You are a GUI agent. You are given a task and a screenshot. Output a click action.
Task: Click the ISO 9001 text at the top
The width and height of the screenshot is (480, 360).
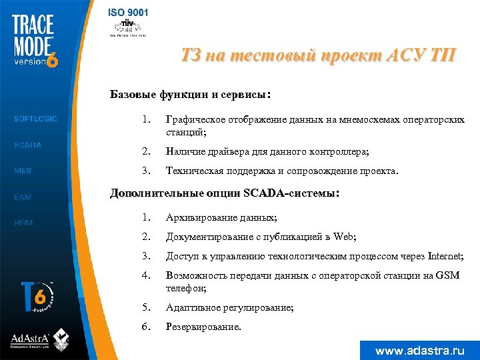pos(128,12)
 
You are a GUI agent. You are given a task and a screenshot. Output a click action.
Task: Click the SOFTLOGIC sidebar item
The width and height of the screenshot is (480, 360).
pos(35,119)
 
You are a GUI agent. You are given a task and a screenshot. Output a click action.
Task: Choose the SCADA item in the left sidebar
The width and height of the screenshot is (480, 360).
pos(27,145)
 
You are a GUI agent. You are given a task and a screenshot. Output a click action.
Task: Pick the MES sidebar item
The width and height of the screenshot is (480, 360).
pos(23,171)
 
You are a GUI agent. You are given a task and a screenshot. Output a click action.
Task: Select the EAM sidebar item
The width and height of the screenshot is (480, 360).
pos(23,197)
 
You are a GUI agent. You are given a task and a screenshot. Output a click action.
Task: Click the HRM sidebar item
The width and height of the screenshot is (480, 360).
pos(23,223)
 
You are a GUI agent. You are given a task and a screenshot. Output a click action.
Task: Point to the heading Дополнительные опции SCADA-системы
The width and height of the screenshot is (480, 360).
pos(225,194)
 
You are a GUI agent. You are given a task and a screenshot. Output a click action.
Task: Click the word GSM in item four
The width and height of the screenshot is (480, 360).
pos(447,275)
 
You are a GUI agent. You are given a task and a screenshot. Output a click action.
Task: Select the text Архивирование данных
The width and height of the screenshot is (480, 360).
pos(221,218)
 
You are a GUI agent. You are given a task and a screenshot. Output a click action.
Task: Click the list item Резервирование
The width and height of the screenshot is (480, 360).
pos(203,327)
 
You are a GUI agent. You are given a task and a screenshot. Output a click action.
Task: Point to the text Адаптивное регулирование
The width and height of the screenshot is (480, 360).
pos(229,308)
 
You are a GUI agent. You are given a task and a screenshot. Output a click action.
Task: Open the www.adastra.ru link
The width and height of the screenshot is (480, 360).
pos(419,350)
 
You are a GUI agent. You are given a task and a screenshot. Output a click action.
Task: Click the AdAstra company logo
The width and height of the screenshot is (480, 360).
pos(39,339)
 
